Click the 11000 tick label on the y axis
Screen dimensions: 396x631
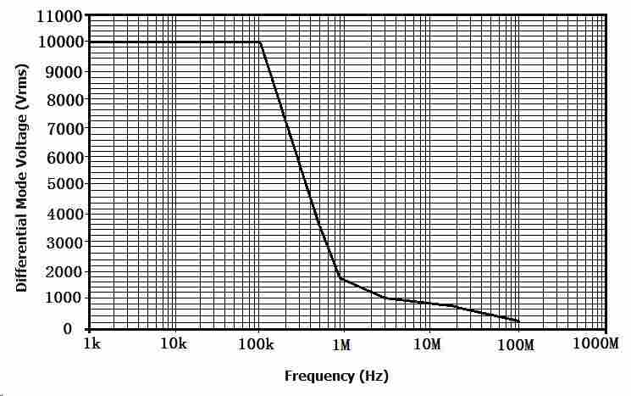(60, 16)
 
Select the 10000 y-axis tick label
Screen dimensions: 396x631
(60, 42)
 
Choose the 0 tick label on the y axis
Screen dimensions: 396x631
(77, 329)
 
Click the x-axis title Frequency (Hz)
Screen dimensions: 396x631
(336, 376)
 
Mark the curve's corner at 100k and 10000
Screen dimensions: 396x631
(260, 42)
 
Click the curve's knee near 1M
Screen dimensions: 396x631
(340, 277)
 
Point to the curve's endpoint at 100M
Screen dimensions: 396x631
(518, 321)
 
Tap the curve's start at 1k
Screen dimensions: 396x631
(90, 42)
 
